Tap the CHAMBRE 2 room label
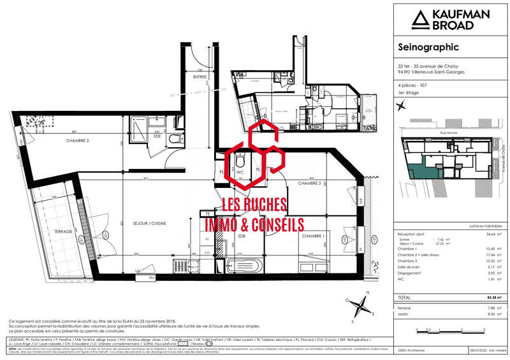[76, 140]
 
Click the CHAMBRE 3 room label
[310, 184]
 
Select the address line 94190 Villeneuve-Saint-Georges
[431, 72]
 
